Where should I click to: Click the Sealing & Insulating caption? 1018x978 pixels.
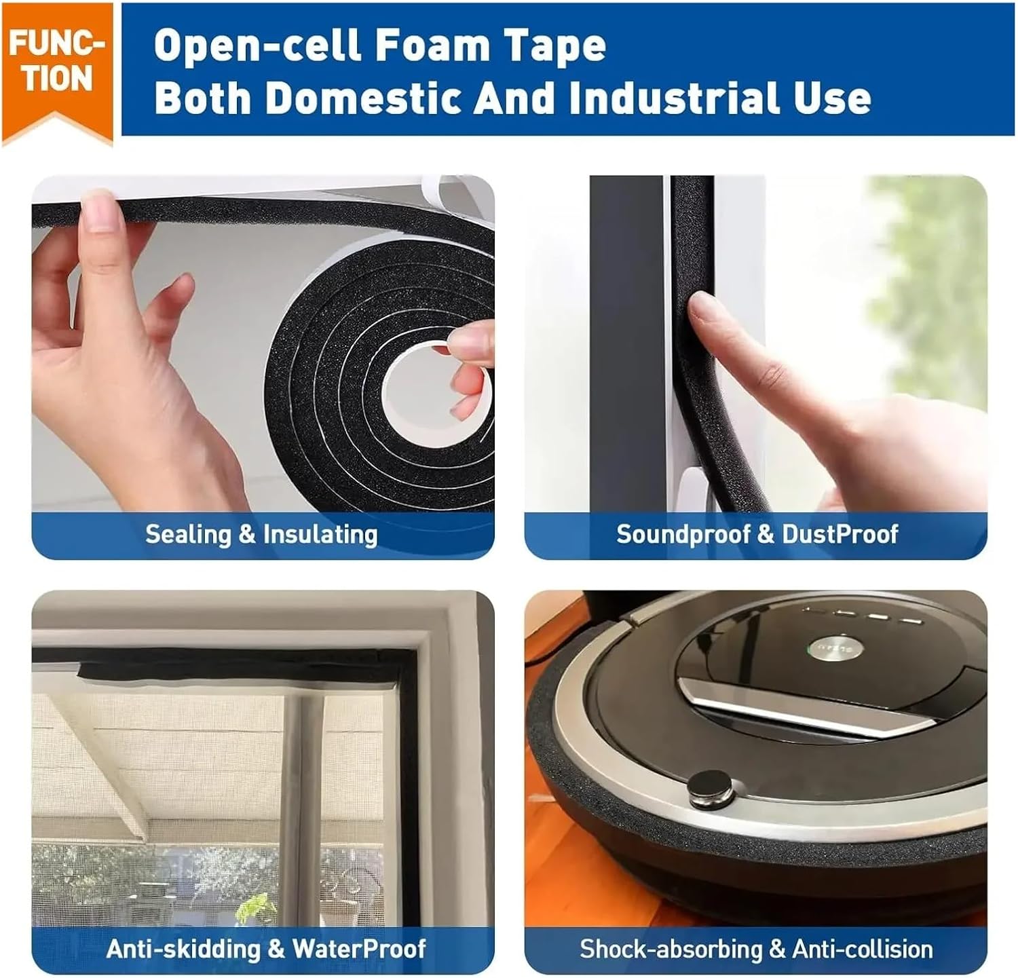[261, 534]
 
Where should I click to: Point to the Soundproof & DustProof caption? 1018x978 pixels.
[757, 534]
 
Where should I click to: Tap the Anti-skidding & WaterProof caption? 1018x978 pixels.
[266, 948]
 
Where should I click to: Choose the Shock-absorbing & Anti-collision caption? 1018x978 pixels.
[756, 948]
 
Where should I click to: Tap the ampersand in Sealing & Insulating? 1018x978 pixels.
[246, 534]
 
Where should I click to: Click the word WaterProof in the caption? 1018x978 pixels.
[359, 948]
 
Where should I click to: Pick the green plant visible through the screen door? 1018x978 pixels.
[258, 906]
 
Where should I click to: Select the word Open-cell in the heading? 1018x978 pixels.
[258, 45]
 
